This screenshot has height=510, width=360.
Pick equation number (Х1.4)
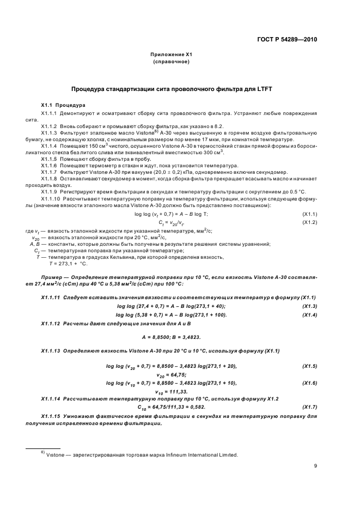(309, 314)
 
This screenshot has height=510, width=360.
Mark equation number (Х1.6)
(309, 384)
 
